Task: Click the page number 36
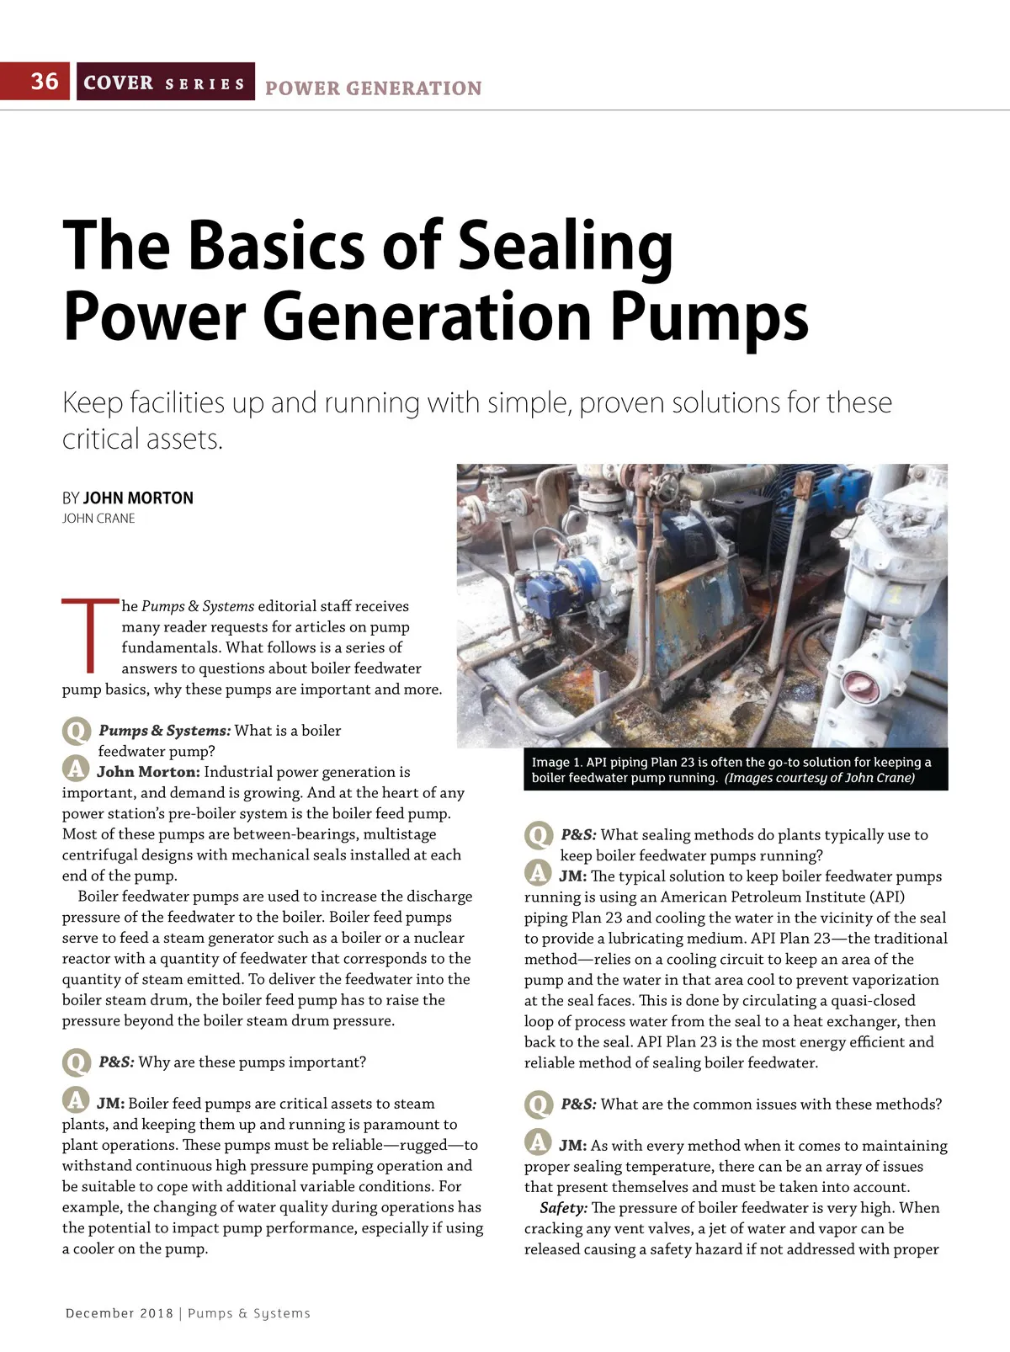pyautogui.click(x=45, y=81)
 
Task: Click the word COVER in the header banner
pyautogui.click(x=118, y=83)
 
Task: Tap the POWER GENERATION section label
pyautogui.click(x=373, y=88)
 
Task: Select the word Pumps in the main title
pyautogui.click(x=709, y=317)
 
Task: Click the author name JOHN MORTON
pyautogui.click(x=138, y=498)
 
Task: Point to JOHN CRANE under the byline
pyautogui.click(x=98, y=519)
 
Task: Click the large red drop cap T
pyautogui.click(x=90, y=636)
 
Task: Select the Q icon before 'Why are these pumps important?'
pyautogui.click(x=76, y=1062)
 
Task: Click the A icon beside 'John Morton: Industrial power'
pyautogui.click(x=76, y=769)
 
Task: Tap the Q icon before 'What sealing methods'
pyautogui.click(x=538, y=835)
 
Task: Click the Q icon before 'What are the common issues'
pyautogui.click(x=538, y=1104)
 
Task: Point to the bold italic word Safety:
pyautogui.click(x=563, y=1208)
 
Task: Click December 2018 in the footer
pyautogui.click(x=119, y=1313)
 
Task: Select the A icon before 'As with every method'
pyautogui.click(x=538, y=1143)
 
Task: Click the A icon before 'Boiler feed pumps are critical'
pyautogui.click(x=76, y=1101)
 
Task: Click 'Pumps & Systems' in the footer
pyautogui.click(x=249, y=1313)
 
